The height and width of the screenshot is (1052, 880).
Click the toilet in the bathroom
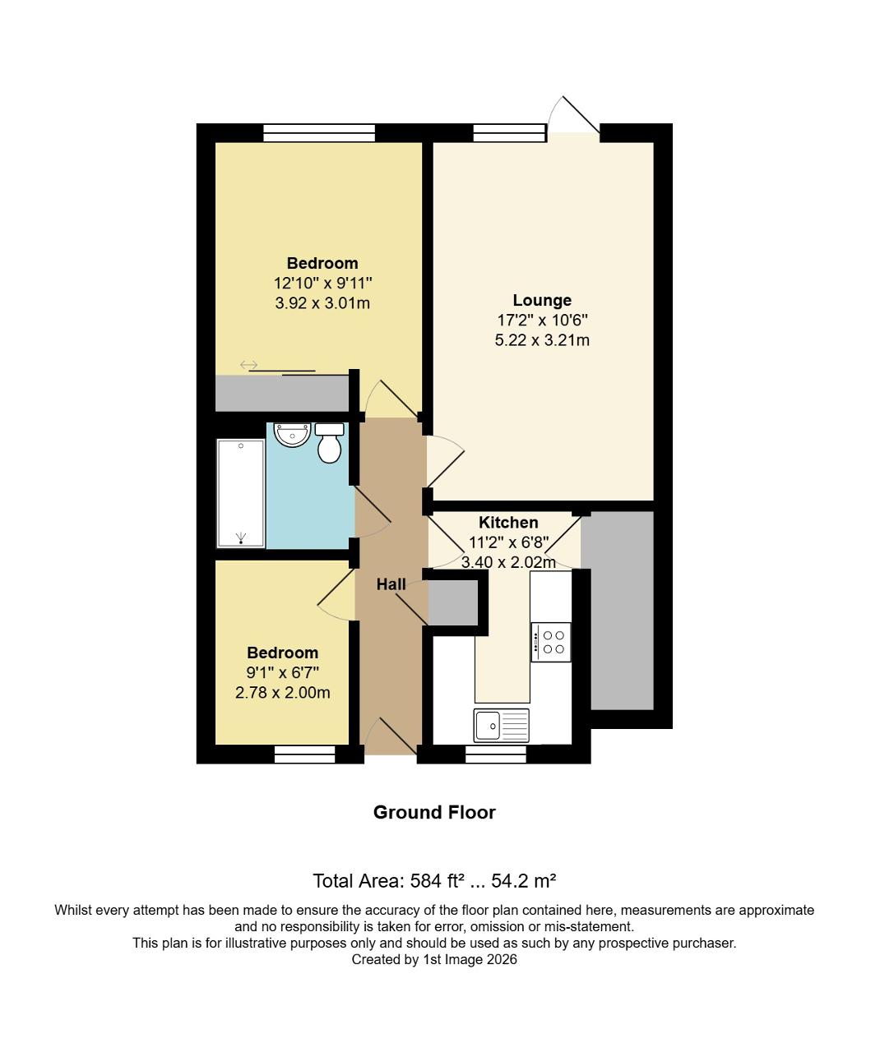coord(329,445)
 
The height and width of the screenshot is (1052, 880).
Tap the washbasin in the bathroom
coord(291,434)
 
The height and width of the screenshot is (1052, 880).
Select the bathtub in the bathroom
coord(240,493)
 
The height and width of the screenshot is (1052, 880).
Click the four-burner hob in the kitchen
coord(551,642)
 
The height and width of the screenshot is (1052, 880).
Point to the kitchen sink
coord(502,725)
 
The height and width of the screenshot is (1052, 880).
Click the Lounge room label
coord(542,301)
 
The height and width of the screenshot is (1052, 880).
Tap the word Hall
coord(391,585)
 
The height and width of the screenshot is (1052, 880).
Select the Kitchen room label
coord(508,523)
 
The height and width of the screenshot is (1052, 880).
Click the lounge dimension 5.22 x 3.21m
coord(542,340)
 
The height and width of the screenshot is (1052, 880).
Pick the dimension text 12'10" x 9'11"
coord(322,284)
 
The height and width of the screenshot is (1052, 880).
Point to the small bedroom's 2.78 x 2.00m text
coord(283,693)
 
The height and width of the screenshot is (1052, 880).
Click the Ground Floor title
coord(434,813)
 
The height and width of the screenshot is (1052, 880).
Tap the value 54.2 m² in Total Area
coord(524,881)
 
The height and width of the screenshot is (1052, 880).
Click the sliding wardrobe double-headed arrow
coord(249,366)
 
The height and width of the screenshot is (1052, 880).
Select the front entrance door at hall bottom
coord(391,736)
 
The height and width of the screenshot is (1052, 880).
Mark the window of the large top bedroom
coord(319,132)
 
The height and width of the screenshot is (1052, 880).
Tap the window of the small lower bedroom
coord(305,754)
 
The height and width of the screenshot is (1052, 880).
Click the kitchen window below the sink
coord(496,754)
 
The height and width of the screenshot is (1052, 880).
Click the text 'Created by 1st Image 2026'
coord(434,959)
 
